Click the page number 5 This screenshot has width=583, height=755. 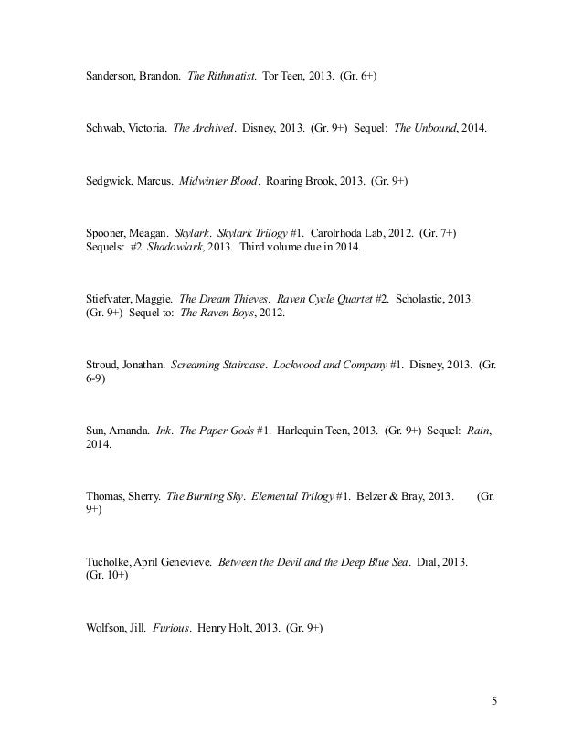[494, 702]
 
